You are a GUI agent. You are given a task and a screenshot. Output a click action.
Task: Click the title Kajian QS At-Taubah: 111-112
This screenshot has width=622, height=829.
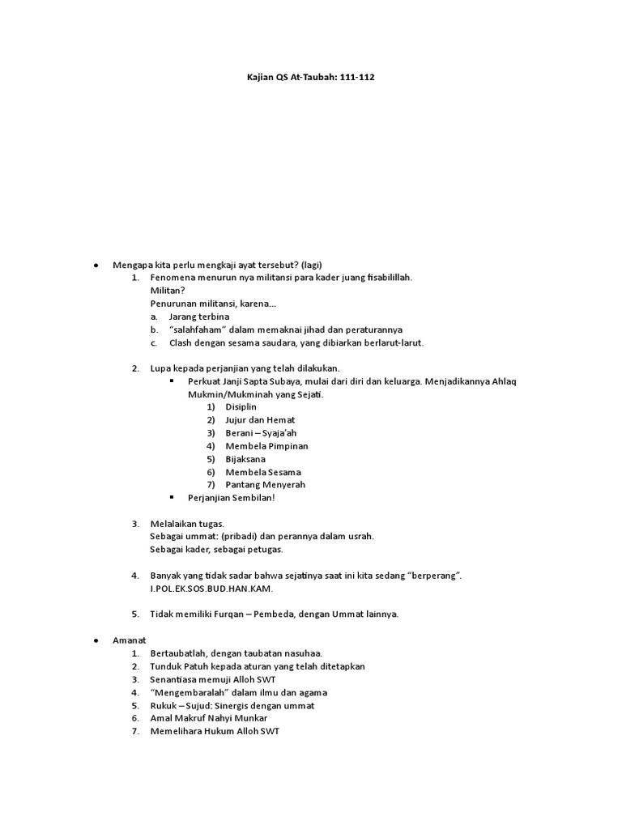[310, 78]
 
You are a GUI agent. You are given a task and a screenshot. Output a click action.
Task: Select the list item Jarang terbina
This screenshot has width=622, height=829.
[199, 317]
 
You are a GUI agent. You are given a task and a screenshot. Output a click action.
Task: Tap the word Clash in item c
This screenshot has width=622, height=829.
[181, 342]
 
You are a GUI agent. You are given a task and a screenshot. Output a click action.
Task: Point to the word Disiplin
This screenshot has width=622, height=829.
[244, 406]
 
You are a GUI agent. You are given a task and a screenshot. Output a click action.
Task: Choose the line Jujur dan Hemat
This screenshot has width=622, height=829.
[260, 419]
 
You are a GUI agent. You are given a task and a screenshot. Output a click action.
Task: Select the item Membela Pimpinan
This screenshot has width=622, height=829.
[266, 445]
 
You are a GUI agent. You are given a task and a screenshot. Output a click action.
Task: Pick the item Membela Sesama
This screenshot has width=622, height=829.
[263, 471]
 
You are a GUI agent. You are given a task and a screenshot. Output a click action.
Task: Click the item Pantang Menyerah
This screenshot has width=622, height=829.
[265, 484]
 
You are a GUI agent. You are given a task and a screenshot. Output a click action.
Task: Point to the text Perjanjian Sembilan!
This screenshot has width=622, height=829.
[231, 497]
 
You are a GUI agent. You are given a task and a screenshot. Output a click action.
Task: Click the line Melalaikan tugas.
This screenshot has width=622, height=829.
[187, 523]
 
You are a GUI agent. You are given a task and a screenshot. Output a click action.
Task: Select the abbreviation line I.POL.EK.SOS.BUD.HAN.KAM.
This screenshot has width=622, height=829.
[213, 588]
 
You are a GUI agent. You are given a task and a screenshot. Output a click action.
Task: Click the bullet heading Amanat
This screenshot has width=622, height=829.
[129, 640]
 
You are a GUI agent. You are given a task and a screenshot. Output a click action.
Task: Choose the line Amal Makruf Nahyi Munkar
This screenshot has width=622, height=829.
[208, 717]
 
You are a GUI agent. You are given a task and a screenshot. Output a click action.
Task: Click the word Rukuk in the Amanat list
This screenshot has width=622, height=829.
[164, 704]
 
